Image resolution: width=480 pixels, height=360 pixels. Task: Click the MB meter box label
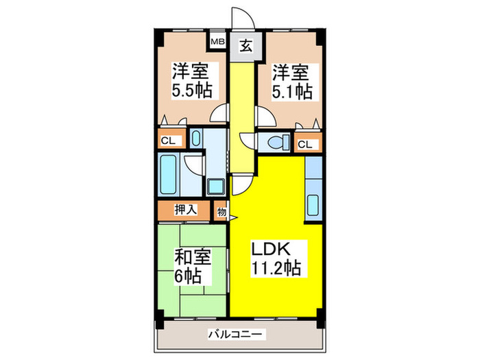pos(217,42)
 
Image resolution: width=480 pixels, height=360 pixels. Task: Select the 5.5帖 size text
pos(191,90)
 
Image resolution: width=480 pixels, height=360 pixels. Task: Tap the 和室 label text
pos(191,259)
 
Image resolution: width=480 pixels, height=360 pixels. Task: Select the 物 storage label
pos(221,212)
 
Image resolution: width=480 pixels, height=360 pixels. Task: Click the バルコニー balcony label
pos(237,335)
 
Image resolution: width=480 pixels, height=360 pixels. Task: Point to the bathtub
pos(168,176)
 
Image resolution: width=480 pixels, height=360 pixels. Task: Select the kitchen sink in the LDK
pos(313,204)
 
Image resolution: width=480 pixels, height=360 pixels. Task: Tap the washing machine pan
pos(216,186)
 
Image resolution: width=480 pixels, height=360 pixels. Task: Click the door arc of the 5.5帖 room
pos(219,115)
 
